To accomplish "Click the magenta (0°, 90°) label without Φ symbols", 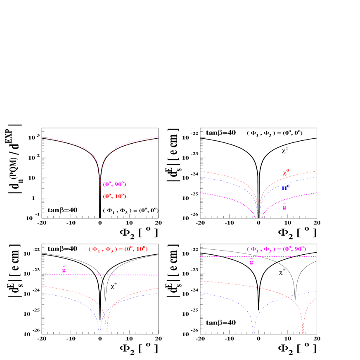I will (114, 185).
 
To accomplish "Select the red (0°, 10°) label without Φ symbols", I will (114, 197).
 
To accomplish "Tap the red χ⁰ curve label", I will (286, 173).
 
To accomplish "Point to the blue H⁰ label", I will (285, 188).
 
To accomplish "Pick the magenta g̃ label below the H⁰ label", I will (284, 207).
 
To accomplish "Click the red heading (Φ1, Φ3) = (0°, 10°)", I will (118, 249).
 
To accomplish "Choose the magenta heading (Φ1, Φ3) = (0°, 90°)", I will (276, 249).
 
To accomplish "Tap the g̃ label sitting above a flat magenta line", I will (64, 270).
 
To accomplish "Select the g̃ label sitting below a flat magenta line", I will (251, 262).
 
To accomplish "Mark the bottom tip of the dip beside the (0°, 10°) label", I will (100, 204).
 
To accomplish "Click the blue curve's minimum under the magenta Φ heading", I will (253, 332).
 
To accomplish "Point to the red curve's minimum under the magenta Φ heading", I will (303, 333).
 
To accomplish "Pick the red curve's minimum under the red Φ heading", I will (107, 333).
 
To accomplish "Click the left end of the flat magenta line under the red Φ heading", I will (42, 275).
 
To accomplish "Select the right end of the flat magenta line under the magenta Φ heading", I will (316, 256).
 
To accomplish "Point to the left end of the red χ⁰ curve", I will (201, 171).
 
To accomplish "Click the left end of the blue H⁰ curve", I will (201, 177).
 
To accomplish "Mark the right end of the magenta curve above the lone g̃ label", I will (316, 193).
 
